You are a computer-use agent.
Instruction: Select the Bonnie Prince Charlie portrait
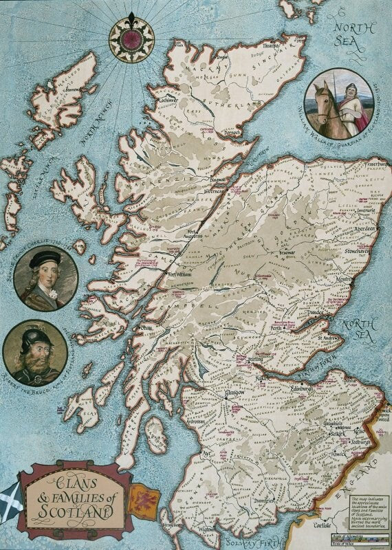point(45,278)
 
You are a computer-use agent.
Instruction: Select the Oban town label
point(148,328)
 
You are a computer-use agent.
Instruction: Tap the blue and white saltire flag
point(11,496)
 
